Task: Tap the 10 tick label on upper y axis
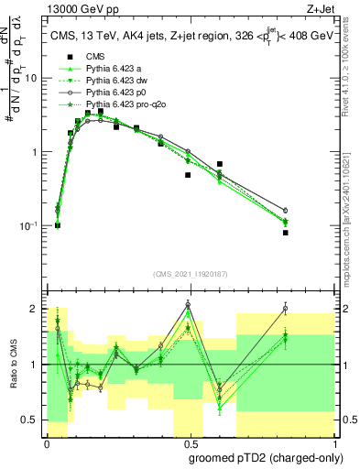31,79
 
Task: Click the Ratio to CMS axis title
13,364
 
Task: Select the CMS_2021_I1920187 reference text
190,274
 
